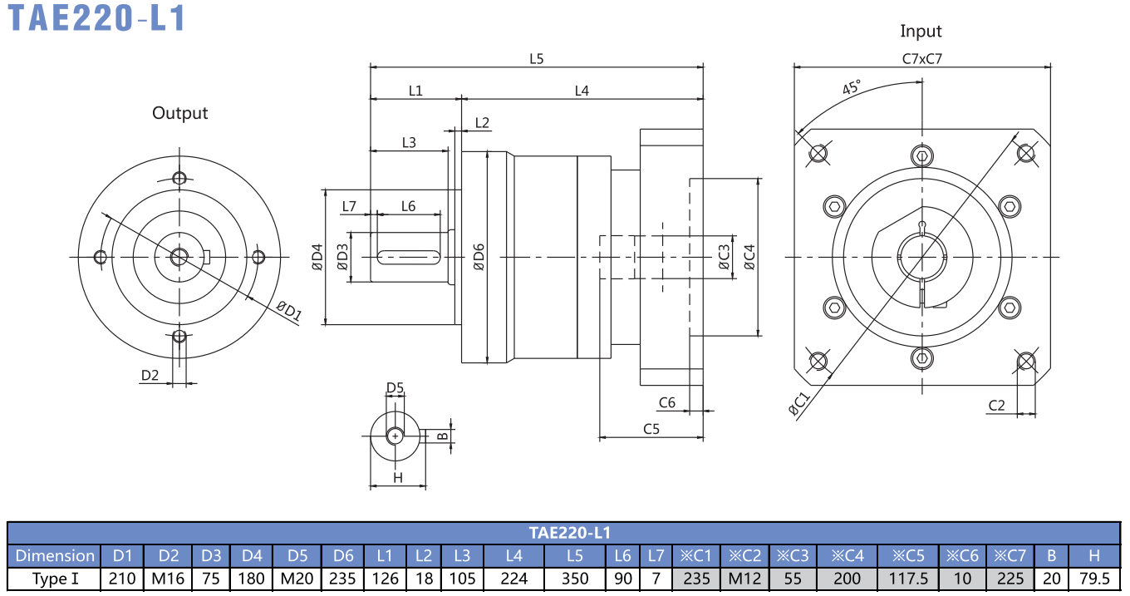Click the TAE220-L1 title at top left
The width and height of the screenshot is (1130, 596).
[97, 18]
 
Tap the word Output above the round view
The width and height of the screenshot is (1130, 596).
[179, 113]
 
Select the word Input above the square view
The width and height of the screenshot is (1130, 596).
[921, 32]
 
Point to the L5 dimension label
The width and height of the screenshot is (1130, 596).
[536, 59]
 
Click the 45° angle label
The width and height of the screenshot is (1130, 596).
[852, 87]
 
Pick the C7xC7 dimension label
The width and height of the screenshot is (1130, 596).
[921, 59]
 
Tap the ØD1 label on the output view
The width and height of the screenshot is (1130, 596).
[289, 311]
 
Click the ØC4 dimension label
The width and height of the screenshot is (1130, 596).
[749, 257]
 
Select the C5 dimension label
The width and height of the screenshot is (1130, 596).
[651, 429]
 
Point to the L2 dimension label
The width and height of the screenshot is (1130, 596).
[482, 123]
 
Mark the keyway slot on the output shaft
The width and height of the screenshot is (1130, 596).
[409, 258]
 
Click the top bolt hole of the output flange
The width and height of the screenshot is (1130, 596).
[179, 178]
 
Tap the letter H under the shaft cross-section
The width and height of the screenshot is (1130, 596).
[398, 477]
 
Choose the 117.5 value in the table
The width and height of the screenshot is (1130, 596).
[908, 579]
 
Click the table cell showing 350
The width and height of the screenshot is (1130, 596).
[575, 579]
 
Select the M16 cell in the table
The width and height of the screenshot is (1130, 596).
[168, 579]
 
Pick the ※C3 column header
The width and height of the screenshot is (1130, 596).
[793, 555]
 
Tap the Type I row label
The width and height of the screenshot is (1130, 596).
[56, 579]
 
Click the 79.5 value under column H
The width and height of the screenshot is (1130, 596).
[1094, 579]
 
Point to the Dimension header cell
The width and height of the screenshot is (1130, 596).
[55, 555]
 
